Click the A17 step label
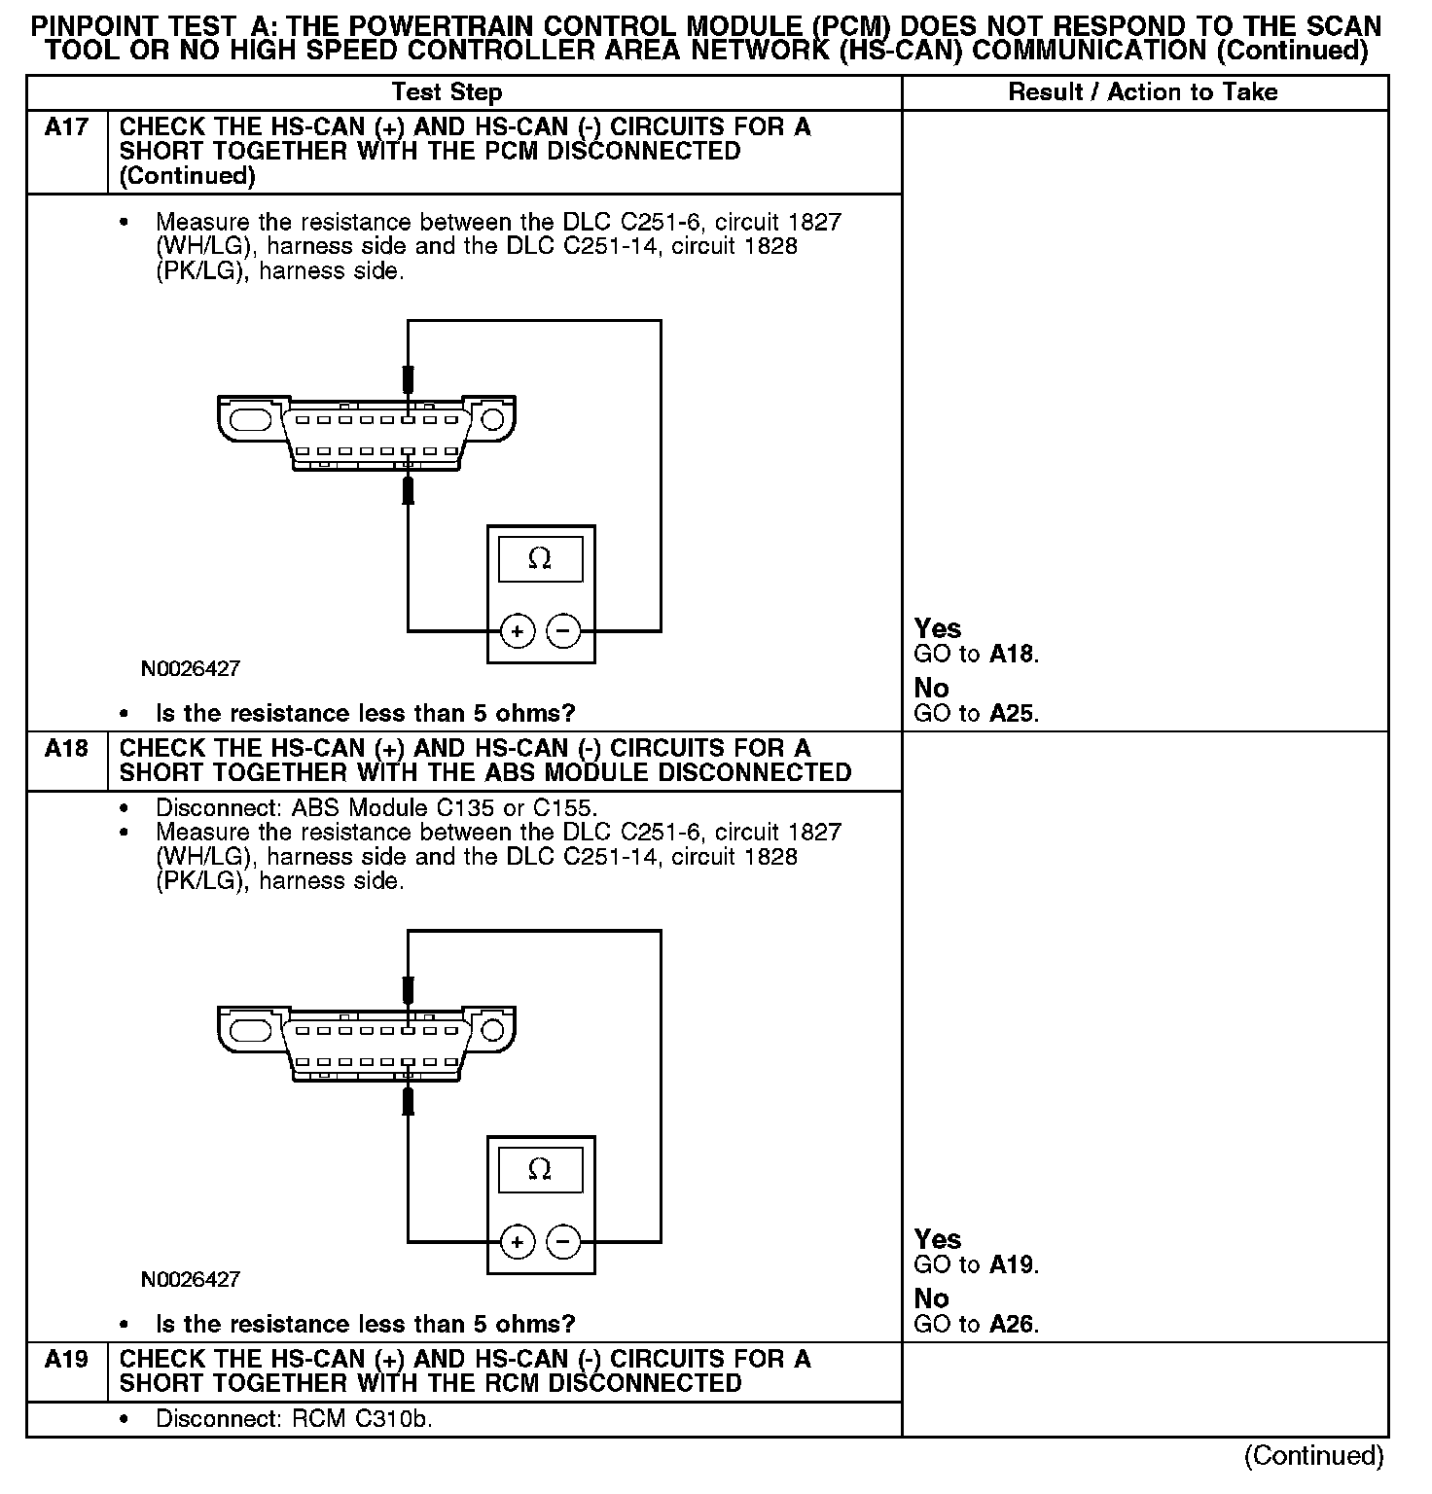click(66, 127)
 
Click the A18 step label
click(66, 749)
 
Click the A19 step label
click(66, 1360)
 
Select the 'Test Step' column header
click(447, 92)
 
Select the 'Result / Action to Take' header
click(1143, 92)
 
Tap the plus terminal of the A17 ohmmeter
click(517, 632)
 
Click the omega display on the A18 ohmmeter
click(540, 1169)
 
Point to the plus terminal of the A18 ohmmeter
click(517, 1242)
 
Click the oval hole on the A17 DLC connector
click(250, 420)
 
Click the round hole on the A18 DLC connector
click(493, 1030)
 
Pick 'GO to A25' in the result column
click(976, 714)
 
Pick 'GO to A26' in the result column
click(976, 1325)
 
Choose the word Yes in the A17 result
click(938, 628)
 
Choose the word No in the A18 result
click(931, 1298)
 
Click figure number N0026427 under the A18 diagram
click(191, 1279)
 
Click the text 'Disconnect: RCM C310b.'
click(294, 1419)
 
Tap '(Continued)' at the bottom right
click(1313, 1455)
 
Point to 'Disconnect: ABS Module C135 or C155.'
click(376, 808)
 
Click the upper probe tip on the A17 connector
click(409, 379)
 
